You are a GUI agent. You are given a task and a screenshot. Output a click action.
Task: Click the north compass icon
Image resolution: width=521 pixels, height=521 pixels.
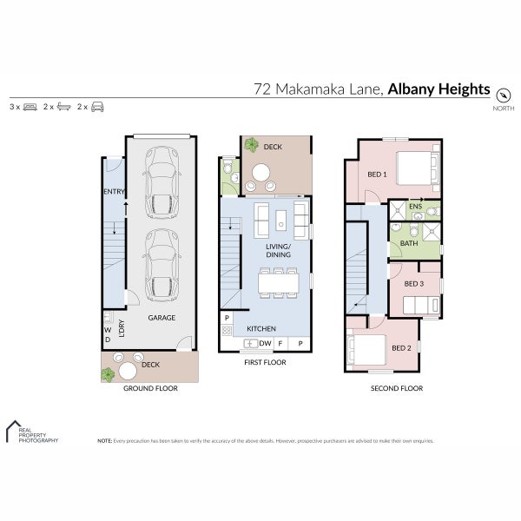point(502,93)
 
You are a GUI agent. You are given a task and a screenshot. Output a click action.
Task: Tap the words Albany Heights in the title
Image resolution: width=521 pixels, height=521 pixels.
point(439,89)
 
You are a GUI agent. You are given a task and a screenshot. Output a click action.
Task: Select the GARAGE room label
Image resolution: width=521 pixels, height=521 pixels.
point(161,318)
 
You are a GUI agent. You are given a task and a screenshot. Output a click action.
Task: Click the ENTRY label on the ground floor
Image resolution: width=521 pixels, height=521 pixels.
point(113,192)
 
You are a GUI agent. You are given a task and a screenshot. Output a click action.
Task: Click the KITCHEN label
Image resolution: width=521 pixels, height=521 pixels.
point(261,329)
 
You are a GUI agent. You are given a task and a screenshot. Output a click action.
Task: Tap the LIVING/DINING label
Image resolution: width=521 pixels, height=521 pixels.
point(278,251)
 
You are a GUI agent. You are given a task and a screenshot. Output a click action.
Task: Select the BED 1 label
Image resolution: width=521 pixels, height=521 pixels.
point(377,174)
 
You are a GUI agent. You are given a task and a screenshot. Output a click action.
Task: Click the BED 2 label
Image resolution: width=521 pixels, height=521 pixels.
point(400,348)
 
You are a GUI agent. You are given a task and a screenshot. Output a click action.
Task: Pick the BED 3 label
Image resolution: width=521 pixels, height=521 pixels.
point(414,284)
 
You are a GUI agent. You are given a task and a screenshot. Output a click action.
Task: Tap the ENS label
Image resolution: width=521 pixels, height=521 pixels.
point(415,206)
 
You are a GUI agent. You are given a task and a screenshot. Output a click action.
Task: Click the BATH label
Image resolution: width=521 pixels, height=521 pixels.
point(408,244)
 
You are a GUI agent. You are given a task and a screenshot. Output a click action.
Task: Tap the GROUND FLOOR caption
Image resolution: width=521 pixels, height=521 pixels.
point(150,388)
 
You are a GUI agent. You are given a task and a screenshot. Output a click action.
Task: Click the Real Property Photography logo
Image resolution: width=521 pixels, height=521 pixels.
point(31,432)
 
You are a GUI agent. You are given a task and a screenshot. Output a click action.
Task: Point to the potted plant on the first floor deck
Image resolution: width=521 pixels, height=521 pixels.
point(252,146)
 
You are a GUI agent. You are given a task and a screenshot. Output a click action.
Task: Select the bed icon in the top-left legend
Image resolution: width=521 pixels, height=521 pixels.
point(29,107)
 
